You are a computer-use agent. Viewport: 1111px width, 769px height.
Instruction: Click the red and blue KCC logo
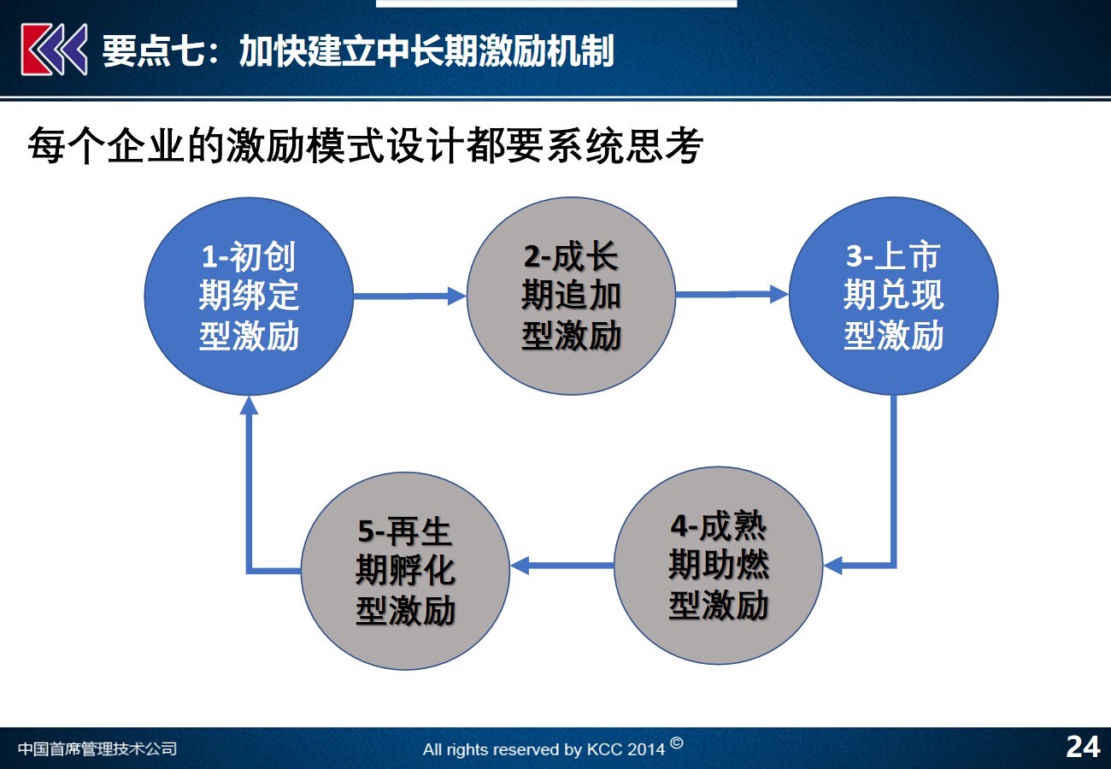[x=54, y=49]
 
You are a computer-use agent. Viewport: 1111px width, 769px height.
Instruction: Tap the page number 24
[x=1084, y=747]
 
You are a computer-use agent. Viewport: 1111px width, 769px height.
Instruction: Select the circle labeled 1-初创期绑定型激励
[x=249, y=296]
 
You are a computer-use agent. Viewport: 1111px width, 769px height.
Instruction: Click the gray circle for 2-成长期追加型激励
[x=571, y=296]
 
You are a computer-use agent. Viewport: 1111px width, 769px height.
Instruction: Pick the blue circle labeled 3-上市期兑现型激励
[x=893, y=296]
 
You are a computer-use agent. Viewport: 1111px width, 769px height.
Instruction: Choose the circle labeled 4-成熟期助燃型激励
[x=719, y=566]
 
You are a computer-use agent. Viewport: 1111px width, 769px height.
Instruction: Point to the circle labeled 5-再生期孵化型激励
[x=405, y=571]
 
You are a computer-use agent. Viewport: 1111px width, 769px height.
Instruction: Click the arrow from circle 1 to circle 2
[x=409, y=296]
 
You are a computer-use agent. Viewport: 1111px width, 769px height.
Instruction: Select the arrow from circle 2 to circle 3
[x=732, y=295]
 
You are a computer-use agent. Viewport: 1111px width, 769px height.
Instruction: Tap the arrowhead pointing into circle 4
[x=832, y=566]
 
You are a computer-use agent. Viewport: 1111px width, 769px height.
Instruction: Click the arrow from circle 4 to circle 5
[x=562, y=566]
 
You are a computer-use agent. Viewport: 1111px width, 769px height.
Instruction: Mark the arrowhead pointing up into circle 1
[x=249, y=405]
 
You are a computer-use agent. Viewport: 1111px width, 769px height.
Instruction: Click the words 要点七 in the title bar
[x=153, y=50]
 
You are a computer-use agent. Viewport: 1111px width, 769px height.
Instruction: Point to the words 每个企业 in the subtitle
[x=107, y=145]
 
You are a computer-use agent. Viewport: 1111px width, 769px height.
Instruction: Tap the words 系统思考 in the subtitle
[x=625, y=145]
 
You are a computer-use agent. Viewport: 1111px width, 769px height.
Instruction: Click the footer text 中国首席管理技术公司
[x=97, y=748]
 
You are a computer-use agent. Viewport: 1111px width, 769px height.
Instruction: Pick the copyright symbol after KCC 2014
[x=677, y=743]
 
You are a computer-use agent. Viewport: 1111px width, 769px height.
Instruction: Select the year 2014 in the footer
[x=644, y=748]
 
